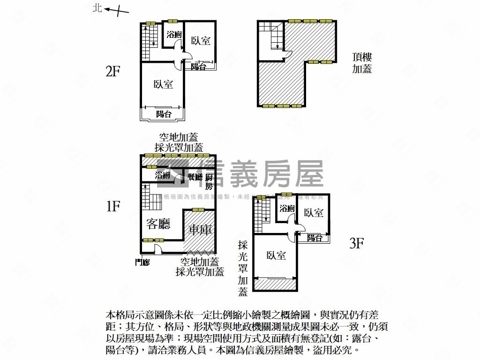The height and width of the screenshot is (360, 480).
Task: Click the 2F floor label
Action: pyautogui.click(x=113, y=71)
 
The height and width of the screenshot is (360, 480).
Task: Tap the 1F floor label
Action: pyautogui.click(x=113, y=206)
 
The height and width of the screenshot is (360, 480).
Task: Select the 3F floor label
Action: pyautogui.click(x=357, y=243)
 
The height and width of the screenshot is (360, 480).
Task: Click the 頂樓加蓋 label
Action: pyautogui.click(x=362, y=63)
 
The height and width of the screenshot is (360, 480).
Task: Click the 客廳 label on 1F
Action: pyautogui.click(x=158, y=224)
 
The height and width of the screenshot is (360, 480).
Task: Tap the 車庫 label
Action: pyautogui.click(x=201, y=230)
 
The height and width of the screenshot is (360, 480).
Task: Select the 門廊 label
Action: pyautogui.click(x=142, y=262)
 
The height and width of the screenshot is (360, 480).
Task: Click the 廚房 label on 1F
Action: pyautogui.click(x=209, y=180)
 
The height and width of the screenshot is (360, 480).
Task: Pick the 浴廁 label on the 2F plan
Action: pyautogui.click(x=174, y=34)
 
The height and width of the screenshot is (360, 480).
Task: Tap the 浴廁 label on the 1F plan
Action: pyautogui.click(x=163, y=175)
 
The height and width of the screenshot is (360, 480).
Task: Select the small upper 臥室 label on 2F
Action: pyautogui.click(x=201, y=41)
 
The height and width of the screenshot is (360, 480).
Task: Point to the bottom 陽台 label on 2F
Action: pyautogui.click(x=164, y=114)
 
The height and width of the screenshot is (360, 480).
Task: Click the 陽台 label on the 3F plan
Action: pyautogui.click(x=315, y=238)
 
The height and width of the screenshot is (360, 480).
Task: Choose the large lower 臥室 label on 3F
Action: pyautogui.click(x=276, y=255)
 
